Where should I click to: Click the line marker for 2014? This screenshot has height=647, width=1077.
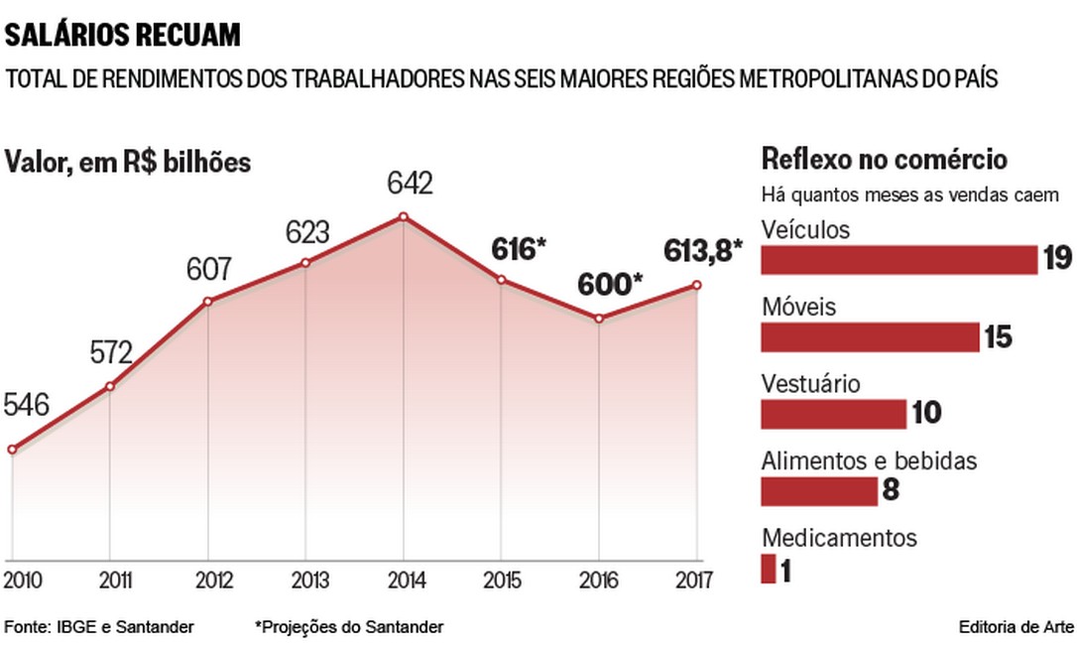[x=403, y=216]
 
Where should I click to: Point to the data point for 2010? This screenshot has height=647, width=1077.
[x=12, y=450]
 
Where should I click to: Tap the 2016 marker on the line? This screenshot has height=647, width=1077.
[x=599, y=319]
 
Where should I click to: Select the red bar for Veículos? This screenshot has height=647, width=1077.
[x=898, y=260]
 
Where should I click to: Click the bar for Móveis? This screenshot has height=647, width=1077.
[x=870, y=337]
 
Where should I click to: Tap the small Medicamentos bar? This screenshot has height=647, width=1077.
[x=768, y=570]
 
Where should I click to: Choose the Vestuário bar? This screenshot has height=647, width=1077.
[x=833, y=414]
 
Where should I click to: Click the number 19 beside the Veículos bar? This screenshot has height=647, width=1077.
[x=1057, y=260]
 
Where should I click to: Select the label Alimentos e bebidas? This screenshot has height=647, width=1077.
[x=855, y=460]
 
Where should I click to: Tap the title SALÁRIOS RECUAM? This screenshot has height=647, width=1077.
[x=123, y=37]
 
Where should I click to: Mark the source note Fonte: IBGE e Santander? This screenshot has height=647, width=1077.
[x=99, y=627]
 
